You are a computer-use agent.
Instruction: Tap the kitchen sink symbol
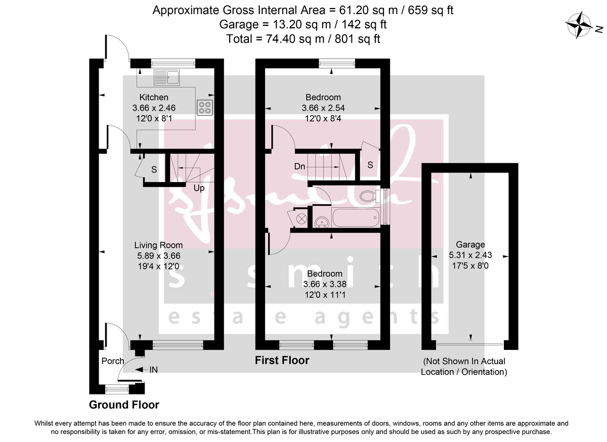167,77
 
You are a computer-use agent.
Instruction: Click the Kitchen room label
154,97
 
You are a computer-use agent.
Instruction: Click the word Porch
113,361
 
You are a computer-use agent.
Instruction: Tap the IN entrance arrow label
153,370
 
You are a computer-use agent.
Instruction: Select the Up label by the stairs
199,188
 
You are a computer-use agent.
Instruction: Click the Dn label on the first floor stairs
299,166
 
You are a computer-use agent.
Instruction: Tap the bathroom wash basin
321,220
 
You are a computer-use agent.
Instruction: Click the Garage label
470,244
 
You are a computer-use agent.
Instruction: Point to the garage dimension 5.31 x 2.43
470,255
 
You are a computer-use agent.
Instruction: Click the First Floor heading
282,361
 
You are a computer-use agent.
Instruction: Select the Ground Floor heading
124,405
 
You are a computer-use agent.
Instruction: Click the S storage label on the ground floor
154,170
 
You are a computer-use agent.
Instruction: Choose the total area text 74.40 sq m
303,38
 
